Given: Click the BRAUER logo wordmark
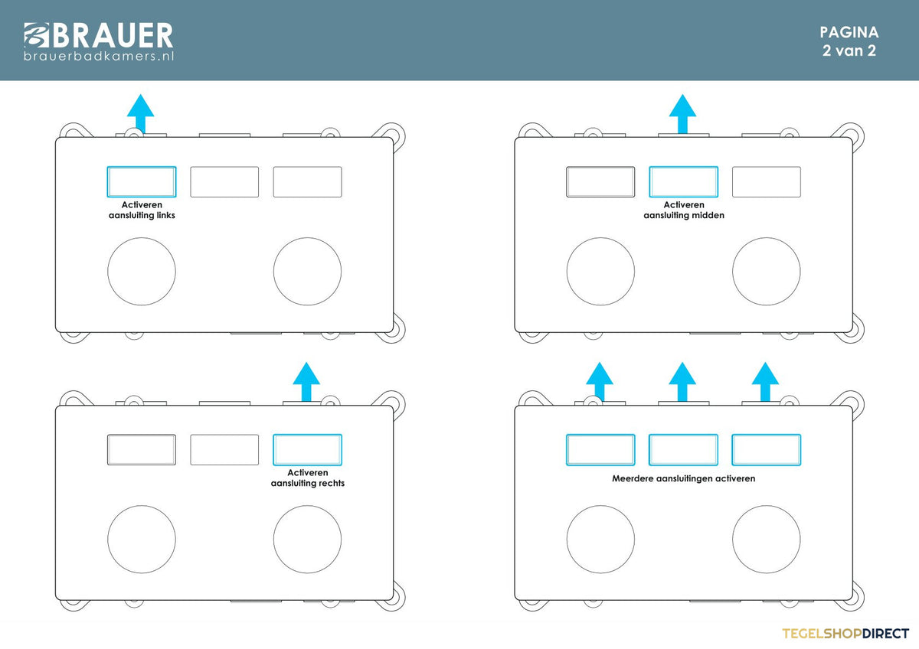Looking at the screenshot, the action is coord(99,35).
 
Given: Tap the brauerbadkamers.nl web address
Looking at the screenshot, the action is coord(99,56).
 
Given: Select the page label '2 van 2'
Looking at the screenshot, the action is coord(849,51).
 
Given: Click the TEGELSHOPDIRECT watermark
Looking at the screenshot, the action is coord(845,634).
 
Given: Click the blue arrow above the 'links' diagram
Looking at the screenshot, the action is coord(140,113).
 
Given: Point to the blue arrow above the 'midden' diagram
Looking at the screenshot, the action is coord(682,113).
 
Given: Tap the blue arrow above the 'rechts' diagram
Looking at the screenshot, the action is coord(306,382).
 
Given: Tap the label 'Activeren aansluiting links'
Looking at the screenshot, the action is coord(142,210).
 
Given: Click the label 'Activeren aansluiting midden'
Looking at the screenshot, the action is coord(683,210).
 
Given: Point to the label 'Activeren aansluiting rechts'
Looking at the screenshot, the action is coord(307,478).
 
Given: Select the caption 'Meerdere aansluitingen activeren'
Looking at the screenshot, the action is coord(683,478).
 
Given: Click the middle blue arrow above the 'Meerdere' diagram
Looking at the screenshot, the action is coord(682,382).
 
